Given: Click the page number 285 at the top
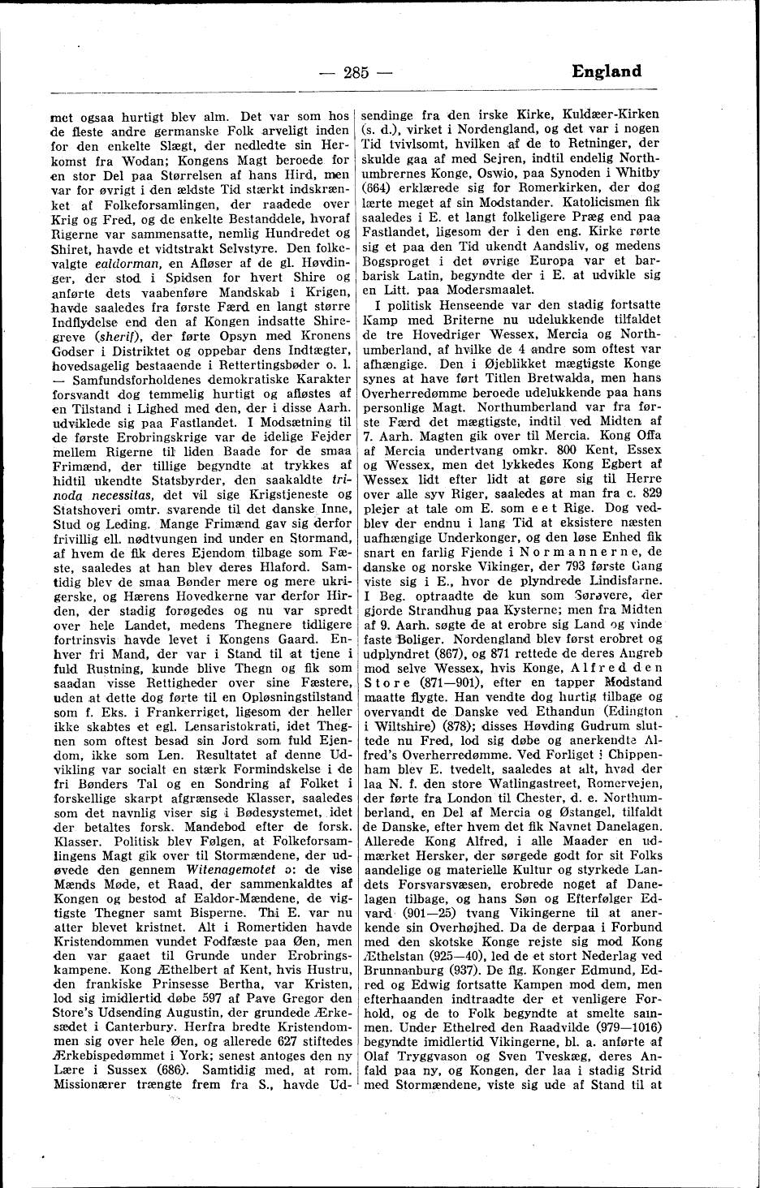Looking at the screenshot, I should pos(356,72).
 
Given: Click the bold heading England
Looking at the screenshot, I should pos(606,71).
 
